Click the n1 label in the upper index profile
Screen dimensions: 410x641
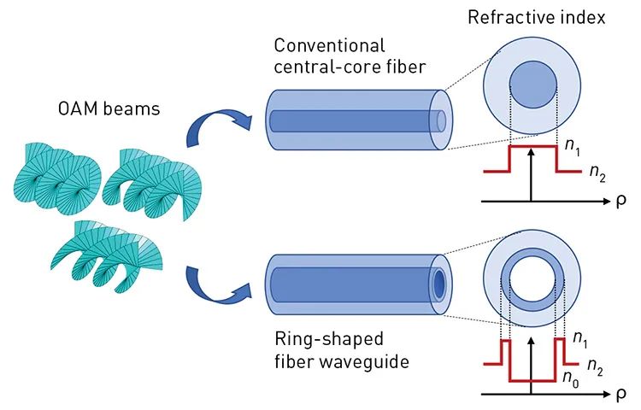click(573, 148)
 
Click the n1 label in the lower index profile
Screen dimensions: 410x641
click(580, 340)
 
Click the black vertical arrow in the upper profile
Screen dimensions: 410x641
click(532, 175)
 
